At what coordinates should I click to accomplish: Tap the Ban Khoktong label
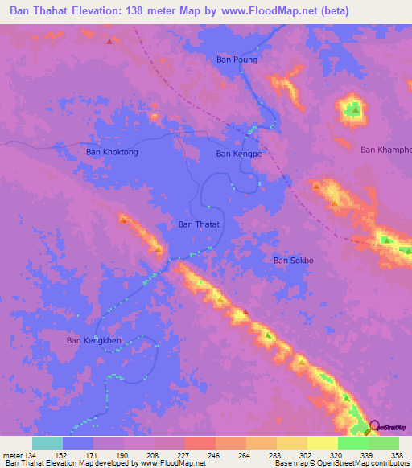pos(112,151)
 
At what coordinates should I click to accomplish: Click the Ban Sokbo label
pos(292,260)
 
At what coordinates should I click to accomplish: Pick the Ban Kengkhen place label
pos(93,340)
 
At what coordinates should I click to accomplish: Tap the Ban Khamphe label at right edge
pos(385,149)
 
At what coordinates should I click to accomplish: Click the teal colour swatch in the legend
pos(47,443)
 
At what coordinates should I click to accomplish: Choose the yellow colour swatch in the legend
pos(322,443)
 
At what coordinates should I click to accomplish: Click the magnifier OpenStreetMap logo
pos(374,427)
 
